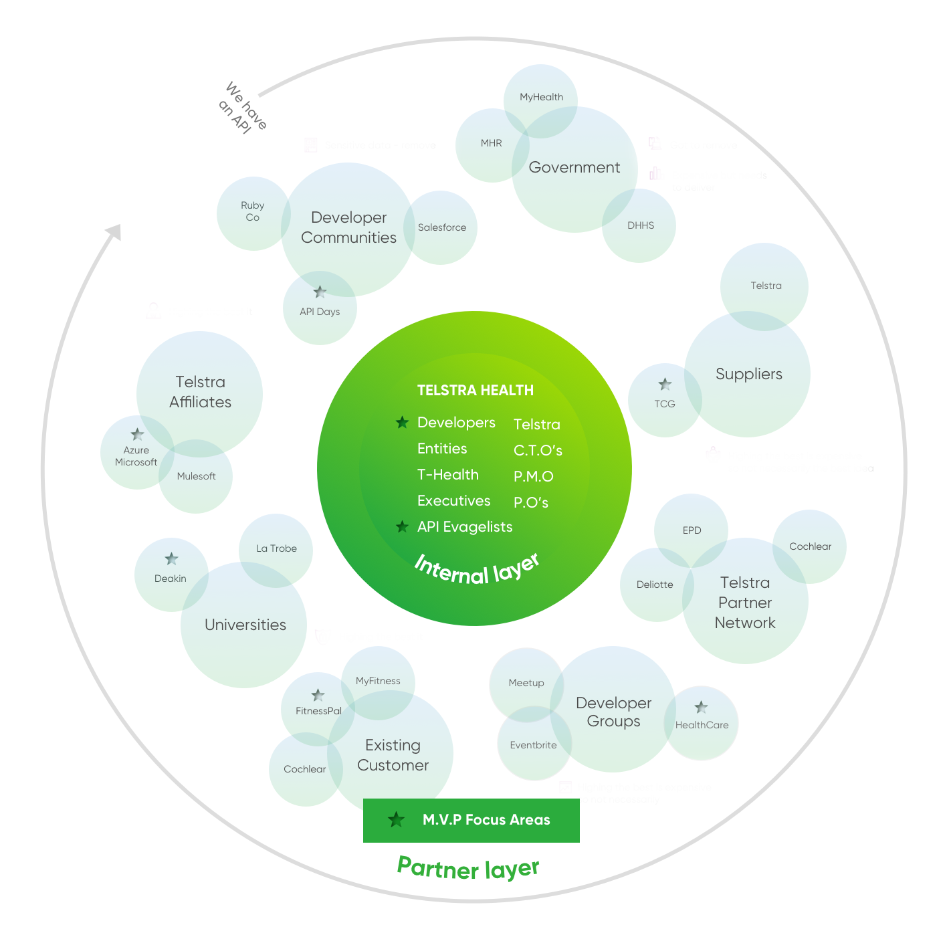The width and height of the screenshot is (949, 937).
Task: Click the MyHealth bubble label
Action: (x=541, y=97)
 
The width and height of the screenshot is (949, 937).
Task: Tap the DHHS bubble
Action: (x=640, y=225)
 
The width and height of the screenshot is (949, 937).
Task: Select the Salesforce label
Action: (x=441, y=227)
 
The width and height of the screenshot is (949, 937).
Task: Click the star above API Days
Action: (x=320, y=292)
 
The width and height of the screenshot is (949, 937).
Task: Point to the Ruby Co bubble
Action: (x=253, y=213)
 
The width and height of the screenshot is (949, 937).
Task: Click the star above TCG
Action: (x=665, y=385)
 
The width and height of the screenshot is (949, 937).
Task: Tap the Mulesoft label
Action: (x=196, y=476)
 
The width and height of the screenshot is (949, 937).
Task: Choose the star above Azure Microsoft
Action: (x=137, y=434)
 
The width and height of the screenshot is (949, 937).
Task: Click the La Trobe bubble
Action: (x=276, y=548)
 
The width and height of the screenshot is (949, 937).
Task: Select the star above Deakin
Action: (x=171, y=559)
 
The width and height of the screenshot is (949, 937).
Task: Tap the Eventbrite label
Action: (x=533, y=745)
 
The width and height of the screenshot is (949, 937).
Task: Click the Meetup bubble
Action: (x=526, y=683)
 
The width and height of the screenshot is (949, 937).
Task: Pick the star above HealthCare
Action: (x=701, y=707)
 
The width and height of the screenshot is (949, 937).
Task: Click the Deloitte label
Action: (x=655, y=585)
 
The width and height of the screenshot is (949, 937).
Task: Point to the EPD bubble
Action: (x=692, y=530)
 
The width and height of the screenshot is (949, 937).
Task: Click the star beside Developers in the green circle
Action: (x=402, y=422)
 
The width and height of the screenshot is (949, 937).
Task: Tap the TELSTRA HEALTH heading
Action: (x=475, y=391)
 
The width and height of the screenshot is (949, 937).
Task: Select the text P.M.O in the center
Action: (x=533, y=477)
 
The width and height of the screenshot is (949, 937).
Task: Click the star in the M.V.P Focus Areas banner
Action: (x=397, y=820)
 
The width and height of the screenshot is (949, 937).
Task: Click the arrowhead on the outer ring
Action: (x=114, y=231)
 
